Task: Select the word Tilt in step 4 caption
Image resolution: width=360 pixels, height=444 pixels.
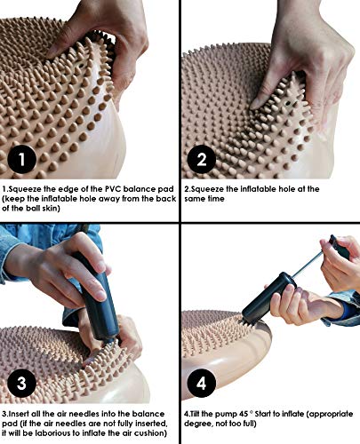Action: [x=196, y=413]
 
